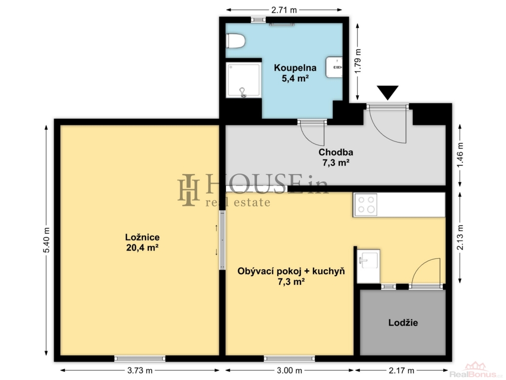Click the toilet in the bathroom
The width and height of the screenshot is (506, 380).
point(236,41)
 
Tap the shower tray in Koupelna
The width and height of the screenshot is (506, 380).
point(243,80)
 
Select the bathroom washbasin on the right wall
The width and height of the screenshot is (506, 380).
point(335,67)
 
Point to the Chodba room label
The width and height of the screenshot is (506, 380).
point(336,157)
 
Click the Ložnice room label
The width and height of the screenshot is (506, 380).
point(142,242)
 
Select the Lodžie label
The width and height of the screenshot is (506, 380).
point(403,323)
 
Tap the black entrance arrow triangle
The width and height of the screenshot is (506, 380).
point(387,93)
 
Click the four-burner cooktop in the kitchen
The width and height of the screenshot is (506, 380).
point(366,205)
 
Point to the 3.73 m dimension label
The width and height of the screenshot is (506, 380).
point(140,370)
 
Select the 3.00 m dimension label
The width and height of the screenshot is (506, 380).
point(289,370)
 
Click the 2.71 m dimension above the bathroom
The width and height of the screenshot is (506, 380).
point(284,10)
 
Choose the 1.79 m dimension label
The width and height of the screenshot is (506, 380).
point(358,61)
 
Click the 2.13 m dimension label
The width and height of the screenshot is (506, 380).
point(460,237)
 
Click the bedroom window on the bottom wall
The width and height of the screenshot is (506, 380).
point(140,358)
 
